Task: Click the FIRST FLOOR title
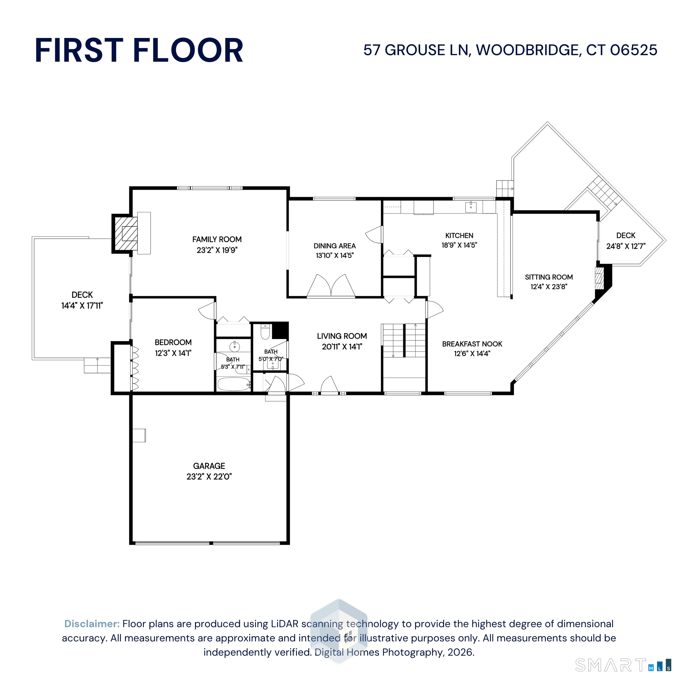point(139,51)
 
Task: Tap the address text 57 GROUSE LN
point(416,50)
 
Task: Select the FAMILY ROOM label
point(217,239)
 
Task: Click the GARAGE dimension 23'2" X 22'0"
point(209,476)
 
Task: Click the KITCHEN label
point(459,235)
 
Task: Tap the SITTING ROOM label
point(549,277)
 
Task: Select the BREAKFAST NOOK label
point(472,344)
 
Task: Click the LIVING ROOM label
point(342,336)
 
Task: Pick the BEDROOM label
point(173,342)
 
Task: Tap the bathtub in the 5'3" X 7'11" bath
point(233,384)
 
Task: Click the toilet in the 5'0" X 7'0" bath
point(265,332)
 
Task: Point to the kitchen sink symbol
point(471,207)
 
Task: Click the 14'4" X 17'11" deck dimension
point(82,306)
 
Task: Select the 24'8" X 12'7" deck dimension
point(626,246)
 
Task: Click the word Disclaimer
point(92,624)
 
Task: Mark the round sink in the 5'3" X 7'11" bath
point(235,347)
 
